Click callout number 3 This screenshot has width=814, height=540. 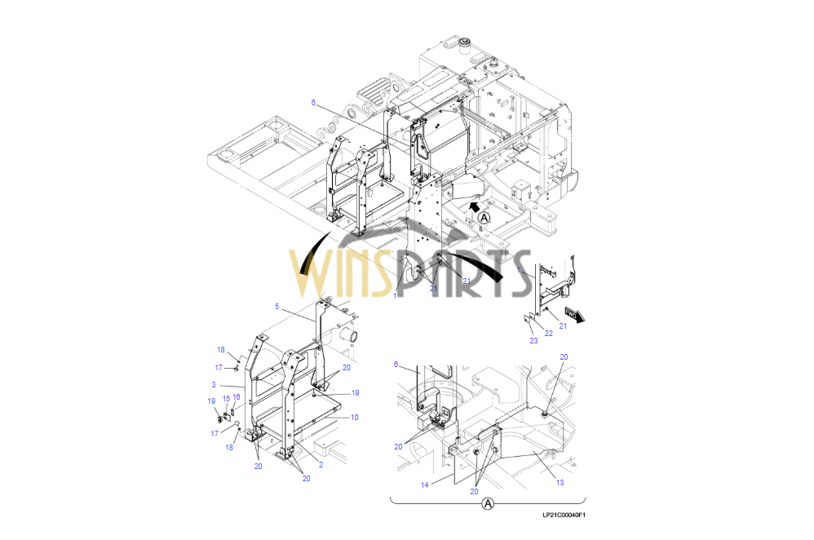214,385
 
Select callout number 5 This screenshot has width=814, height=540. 276,307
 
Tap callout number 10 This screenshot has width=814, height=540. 355,417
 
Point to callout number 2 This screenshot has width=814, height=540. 321,464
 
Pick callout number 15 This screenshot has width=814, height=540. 227,399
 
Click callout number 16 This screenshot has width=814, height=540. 237,397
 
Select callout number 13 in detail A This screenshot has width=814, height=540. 560,482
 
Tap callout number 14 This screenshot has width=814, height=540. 425,485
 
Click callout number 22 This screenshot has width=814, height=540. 549,334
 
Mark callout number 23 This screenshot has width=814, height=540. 533,341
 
